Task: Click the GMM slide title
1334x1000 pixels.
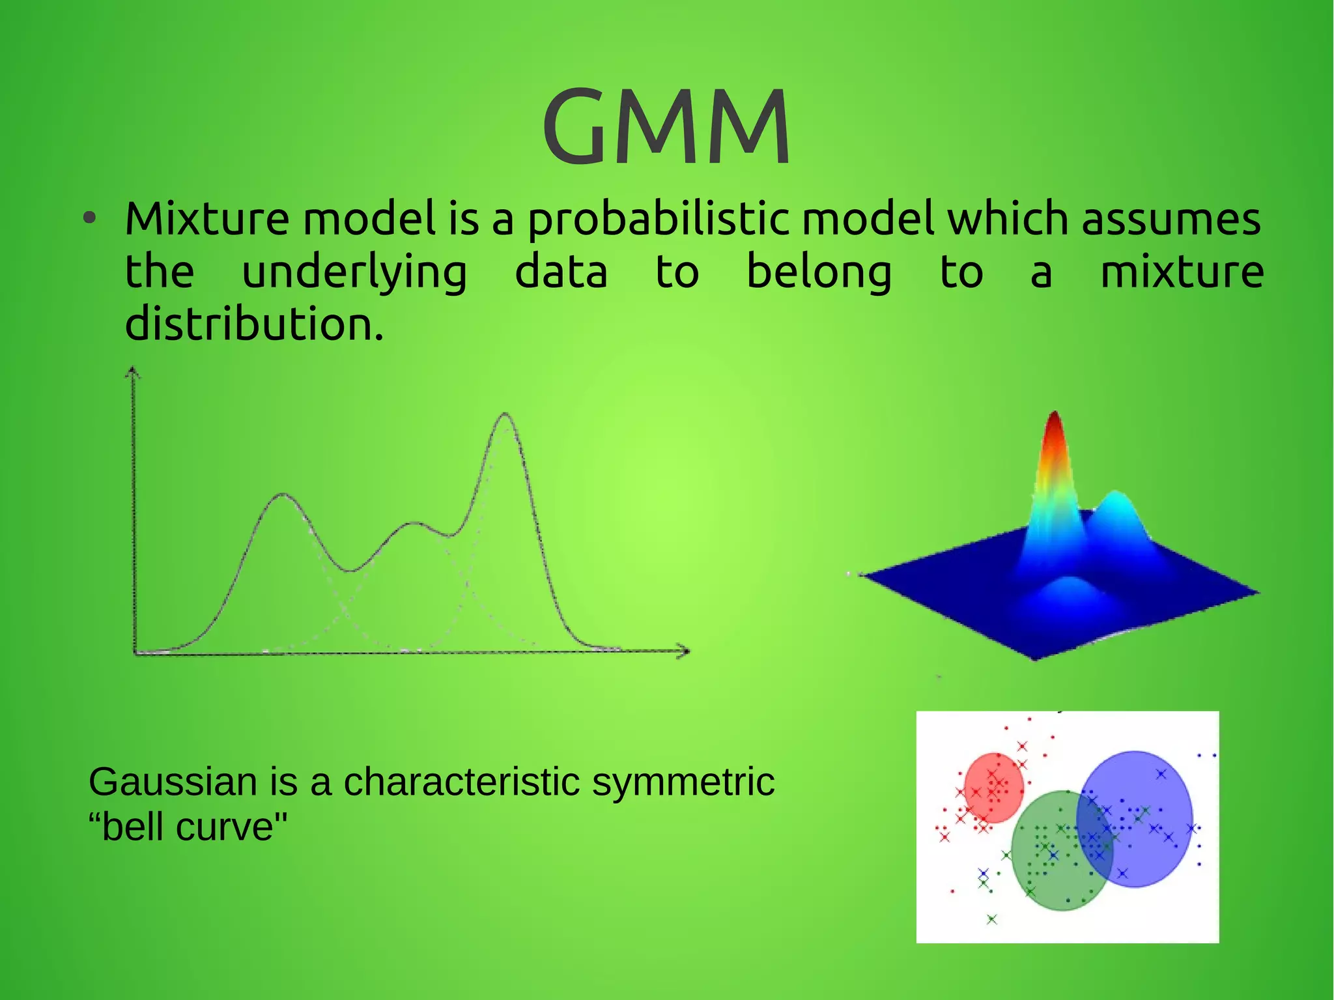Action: click(x=666, y=127)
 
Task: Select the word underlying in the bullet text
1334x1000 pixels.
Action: click(x=354, y=273)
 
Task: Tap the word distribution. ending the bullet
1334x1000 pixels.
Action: click(x=254, y=324)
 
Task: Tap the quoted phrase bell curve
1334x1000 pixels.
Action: click(x=188, y=827)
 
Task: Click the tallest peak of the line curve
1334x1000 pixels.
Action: click(x=505, y=415)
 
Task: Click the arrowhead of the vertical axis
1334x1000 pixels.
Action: click(x=133, y=371)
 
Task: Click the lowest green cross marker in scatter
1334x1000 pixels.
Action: click(x=991, y=919)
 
